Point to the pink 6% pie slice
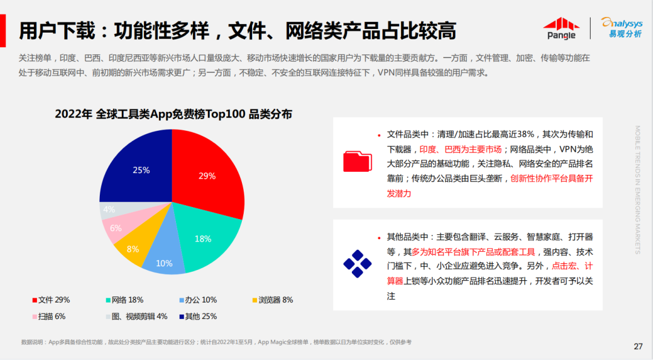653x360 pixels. click(116, 228)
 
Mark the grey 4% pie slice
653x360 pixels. click(110, 209)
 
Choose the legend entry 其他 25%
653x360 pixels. click(198, 316)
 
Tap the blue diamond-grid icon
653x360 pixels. click(357, 264)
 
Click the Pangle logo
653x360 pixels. click(560, 28)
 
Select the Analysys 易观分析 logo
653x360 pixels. click(621, 27)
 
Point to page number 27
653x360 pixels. click(638, 347)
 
